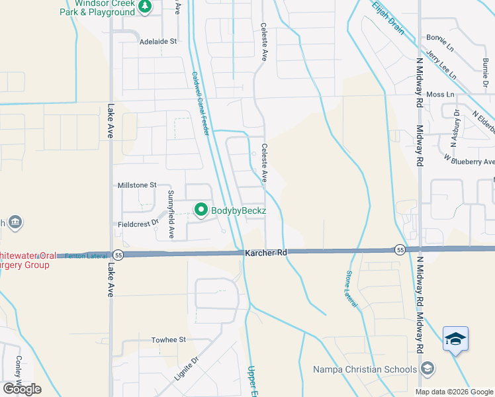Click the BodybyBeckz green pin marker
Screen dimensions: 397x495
tap(201, 210)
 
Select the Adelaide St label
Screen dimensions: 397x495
tap(158, 41)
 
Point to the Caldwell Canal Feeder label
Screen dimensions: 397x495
tap(201, 103)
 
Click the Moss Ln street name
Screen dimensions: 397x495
tap(440, 95)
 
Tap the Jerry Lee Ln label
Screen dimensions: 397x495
tap(441, 66)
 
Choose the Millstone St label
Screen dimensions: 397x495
tap(136, 185)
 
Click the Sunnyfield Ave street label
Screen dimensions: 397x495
tap(171, 214)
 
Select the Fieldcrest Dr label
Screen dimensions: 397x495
tap(138, 223)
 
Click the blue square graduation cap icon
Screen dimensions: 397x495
tap(455, 339)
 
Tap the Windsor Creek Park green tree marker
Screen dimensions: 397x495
tap(146, 7)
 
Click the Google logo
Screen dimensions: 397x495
tap(21, 389)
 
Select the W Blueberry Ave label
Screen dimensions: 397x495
tap(469, 161)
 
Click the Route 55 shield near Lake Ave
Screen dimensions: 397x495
tap(117, 255)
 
